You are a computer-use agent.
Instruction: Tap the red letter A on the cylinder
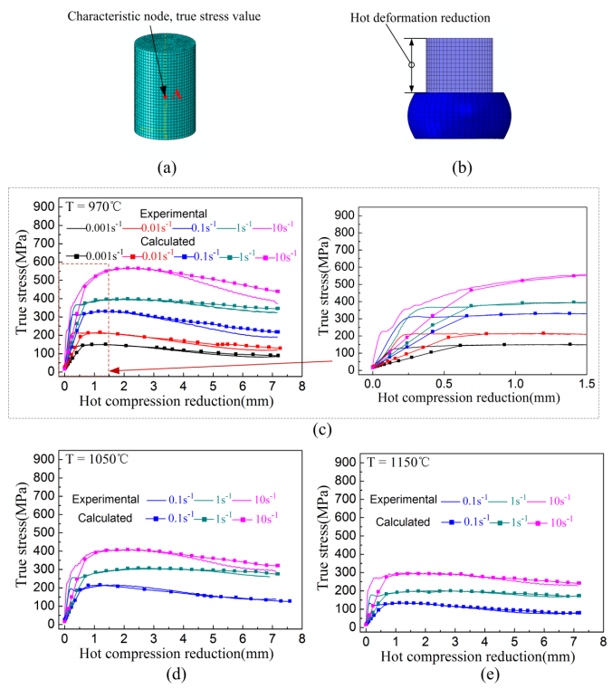click(177, 93)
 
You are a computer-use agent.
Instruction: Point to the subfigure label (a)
click(166, 167)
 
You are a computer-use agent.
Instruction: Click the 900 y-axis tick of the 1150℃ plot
click(349, 462)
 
